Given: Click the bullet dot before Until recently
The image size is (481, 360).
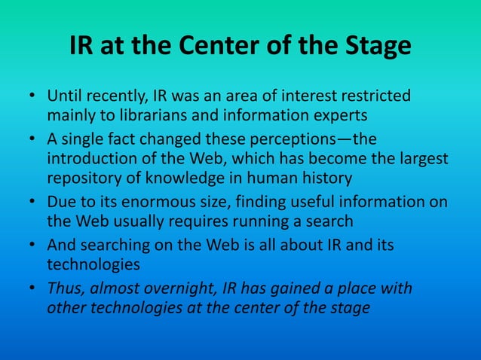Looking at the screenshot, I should [x=33, y=97].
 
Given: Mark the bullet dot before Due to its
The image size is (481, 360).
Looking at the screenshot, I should [x=33, y=203].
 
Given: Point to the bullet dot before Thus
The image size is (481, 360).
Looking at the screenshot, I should [x=33, y=289].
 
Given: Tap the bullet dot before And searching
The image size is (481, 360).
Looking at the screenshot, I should [x=33, y=246].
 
